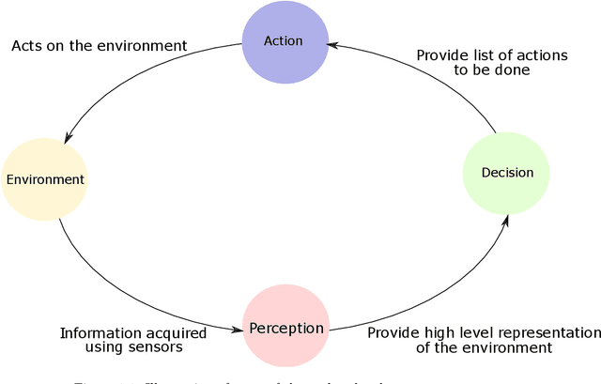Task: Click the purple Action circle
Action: tap(285, 41)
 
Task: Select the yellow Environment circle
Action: tap(44, 179)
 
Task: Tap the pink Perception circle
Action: tap(286, 328)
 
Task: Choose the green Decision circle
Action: tap(506, 173)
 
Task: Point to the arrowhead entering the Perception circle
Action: tap(238, 330)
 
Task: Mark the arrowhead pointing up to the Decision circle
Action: tap(508, 220)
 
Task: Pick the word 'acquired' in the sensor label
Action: tap(175, 332)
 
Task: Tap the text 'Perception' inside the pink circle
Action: tap(286, 329)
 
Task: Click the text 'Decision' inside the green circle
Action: tap(507, 173)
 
